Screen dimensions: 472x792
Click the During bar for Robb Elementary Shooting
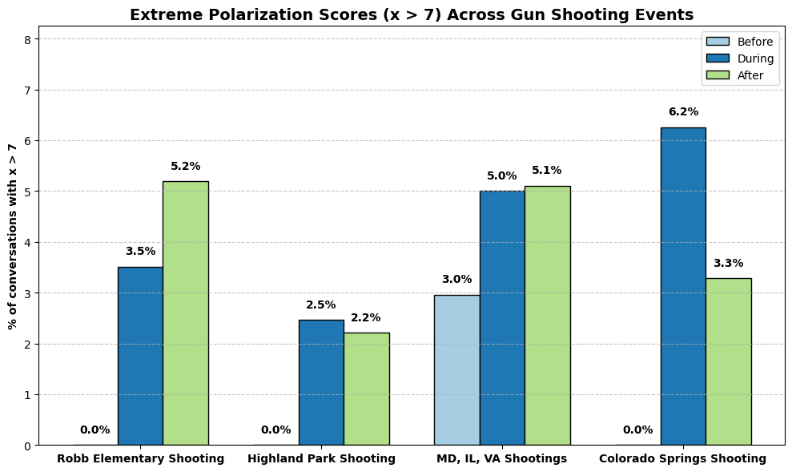click(140, 356)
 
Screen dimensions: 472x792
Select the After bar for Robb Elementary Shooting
click(185, 313)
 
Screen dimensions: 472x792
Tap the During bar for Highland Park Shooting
click(321, 382)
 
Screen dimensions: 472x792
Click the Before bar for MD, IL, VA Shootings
click(456, 369)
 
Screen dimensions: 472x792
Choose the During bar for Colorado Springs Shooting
click(683, 286)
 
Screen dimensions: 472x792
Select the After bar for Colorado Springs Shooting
click(728, 361)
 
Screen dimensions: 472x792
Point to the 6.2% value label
click(683, 112)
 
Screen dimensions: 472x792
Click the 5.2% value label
click(185, 167)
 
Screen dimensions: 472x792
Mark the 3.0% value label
click(456, 280)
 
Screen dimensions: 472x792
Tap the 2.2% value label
click(366, 318)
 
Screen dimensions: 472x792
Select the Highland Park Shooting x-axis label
click(321, 459)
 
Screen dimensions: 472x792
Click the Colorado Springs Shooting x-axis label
click(683, 459)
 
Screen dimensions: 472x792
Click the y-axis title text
click(12, 236)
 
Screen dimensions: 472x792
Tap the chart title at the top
click(412, 14)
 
